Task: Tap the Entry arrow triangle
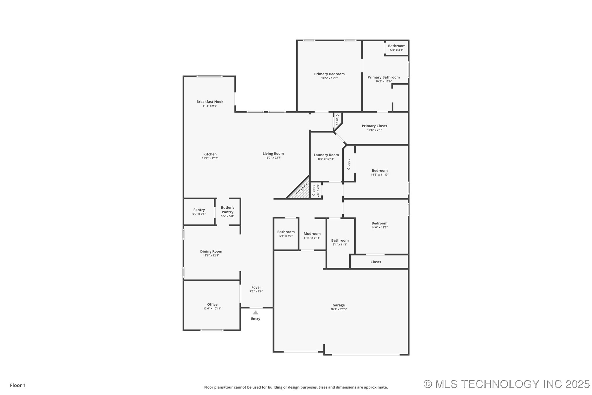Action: pos(256,313)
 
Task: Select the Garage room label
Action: pos(339,305)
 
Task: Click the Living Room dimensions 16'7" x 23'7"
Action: pos(273,158)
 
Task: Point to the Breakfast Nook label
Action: pos(210,102)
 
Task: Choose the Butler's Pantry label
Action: pos(227,210)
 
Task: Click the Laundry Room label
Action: pos(326,155)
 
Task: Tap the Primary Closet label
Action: pos(374,126)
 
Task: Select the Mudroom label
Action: pos(312,233)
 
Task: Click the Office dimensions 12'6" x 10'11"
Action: pos(212,309)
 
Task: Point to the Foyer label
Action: pos(256,287)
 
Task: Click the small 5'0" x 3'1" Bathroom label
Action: pos(397,46)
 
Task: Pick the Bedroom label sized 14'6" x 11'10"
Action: pos(379,171)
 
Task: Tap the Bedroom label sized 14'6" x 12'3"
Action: pos(379,223)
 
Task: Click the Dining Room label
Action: pos(211,251)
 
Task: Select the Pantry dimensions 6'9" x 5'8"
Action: pos(199,214)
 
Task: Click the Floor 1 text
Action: pos(18,385)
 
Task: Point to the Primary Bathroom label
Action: pos(384,77)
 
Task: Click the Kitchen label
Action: pos(210,154)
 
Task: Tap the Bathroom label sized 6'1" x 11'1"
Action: pos(340,240)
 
